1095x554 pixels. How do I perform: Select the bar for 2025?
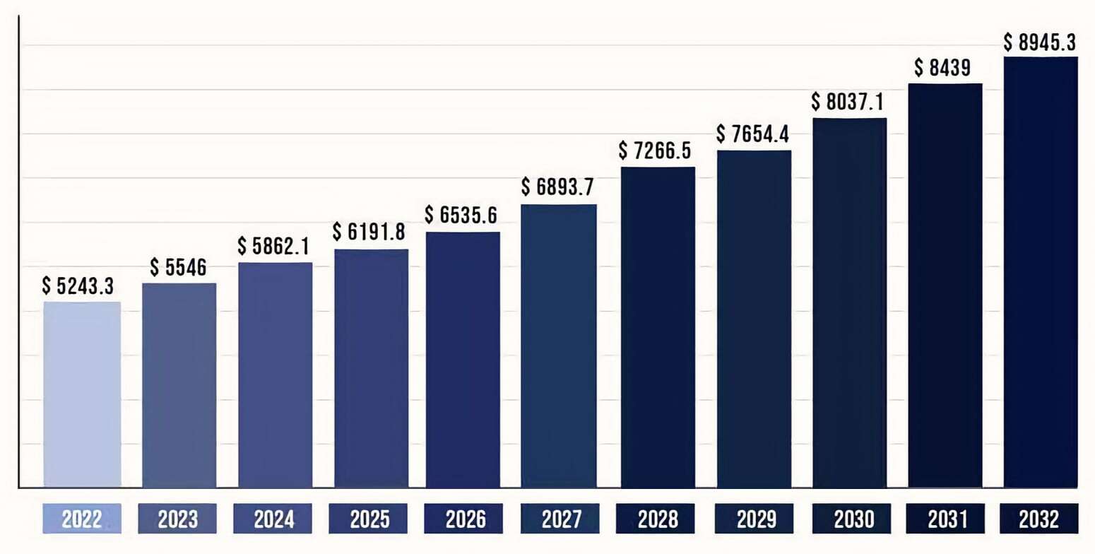[x=371, y=368]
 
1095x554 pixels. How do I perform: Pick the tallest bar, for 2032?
[x=1041, y=272]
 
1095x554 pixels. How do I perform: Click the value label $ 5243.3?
[x=78, y=286]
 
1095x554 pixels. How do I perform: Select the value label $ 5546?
[x=178, y=268]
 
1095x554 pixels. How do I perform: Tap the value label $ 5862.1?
[x=274, y=246]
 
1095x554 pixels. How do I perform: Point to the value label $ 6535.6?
[x=462, y=216]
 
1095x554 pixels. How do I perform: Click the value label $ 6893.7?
[x=557, y=187]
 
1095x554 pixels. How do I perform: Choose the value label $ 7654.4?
[x=752, y=134]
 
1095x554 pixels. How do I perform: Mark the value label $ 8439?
[x=942, y=68]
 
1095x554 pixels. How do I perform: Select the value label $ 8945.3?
[x=1039, y=42]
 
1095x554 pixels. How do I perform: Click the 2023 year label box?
[x=178, y=519]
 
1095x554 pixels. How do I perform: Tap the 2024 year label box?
[x=274, y=519]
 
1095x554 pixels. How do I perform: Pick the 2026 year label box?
[x=465, y=519]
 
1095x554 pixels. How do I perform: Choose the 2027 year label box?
[x=561, y=519]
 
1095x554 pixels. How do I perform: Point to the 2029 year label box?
[x=753, y=519]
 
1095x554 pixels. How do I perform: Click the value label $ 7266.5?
[x=655, y=151]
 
